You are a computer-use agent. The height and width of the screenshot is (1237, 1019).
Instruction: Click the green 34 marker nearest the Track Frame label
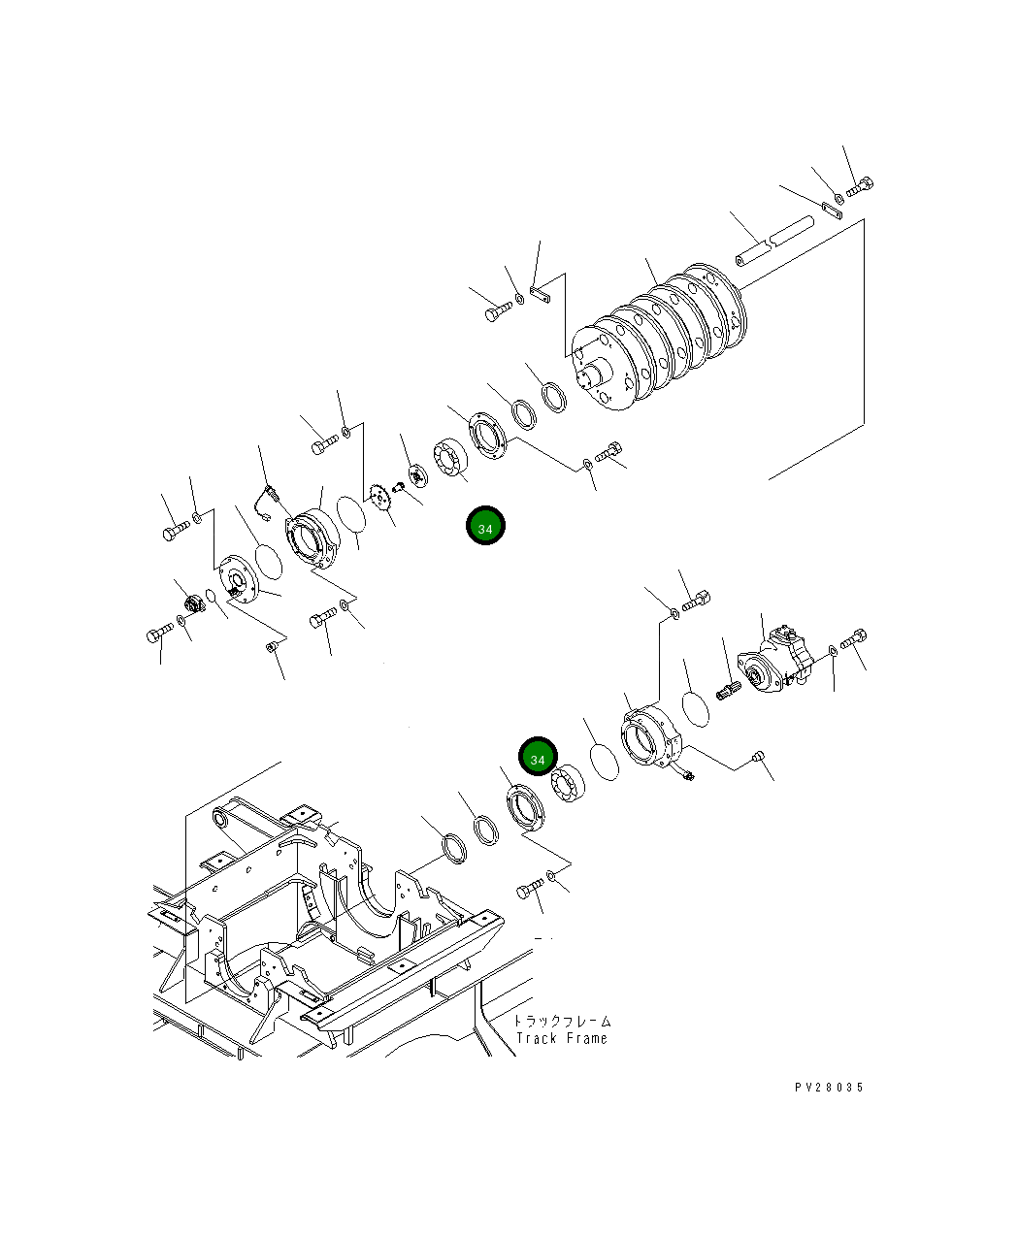pos(538,759)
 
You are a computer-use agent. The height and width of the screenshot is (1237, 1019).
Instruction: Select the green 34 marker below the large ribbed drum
pos(485,527)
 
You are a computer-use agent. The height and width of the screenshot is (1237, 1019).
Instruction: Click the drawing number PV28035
pos(828,1088)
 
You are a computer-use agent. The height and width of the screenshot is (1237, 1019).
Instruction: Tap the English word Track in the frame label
pos(536,1038)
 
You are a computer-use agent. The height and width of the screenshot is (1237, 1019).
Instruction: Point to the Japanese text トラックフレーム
pos(562,1021)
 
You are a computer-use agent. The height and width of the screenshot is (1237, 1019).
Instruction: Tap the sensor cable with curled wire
pos(264,497)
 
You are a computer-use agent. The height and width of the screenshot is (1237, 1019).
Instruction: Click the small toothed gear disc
pos(380,502)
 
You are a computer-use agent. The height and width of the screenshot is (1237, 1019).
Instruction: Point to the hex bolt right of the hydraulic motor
pos(853,641)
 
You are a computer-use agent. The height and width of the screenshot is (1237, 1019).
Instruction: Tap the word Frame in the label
pos(585,1038)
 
